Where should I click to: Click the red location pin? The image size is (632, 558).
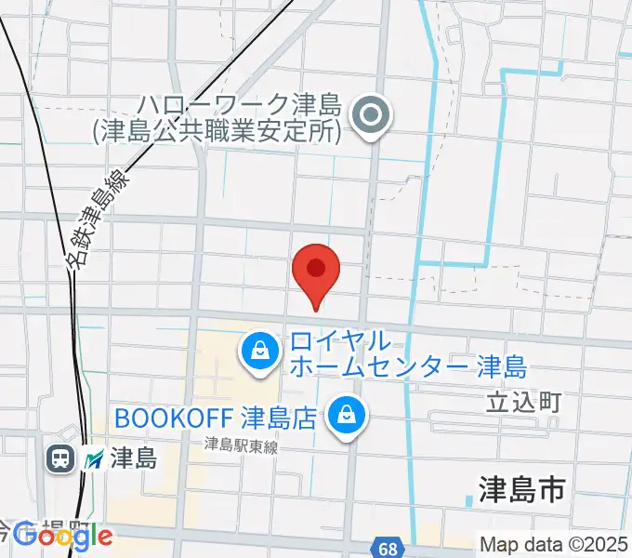tap(316, 271)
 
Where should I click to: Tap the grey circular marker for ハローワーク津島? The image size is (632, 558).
tap(373, 117)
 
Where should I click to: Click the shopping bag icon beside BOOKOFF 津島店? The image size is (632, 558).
tap(347, 412)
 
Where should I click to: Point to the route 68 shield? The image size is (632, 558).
tap(388, 548)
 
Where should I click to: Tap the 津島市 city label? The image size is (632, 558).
tap(521, 489)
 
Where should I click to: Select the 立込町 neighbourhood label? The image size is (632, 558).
tap(524, 402)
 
